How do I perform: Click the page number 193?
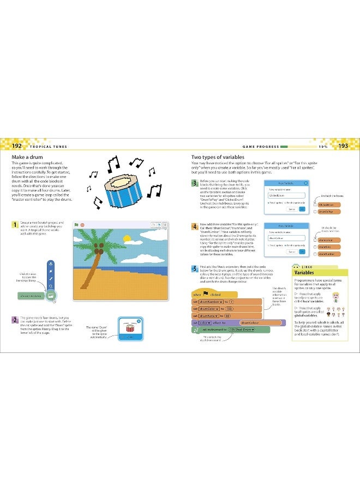(x=343, y=146)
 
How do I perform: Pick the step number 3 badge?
(x=194, y=183)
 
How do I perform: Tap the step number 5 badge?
(x=194, y=268)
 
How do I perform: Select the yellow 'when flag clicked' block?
(x=205, y=295)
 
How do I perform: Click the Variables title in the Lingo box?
(x=304, y=272)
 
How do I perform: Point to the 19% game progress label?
(x=323, y=147)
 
